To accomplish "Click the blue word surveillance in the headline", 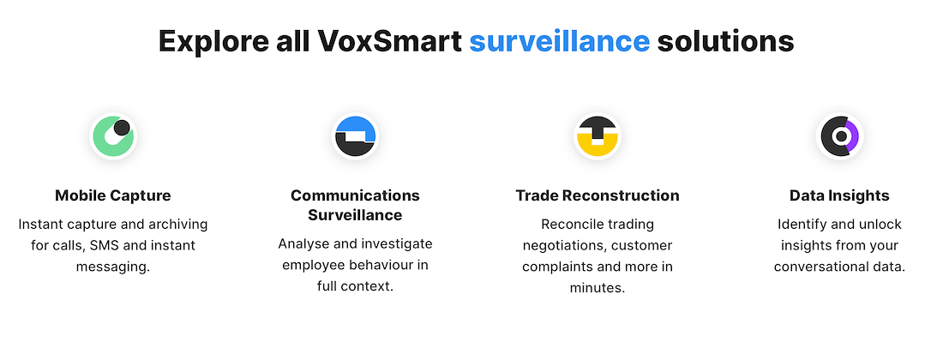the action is coord(559,41).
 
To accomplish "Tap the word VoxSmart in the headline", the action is coord(390,41).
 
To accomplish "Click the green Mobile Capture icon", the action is coord(113,136).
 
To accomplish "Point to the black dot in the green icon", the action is coord(122,128).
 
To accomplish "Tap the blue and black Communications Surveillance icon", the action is coord(356,136).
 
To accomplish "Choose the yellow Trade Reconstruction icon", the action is coord(598,136).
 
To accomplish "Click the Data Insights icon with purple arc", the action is coord(839,136).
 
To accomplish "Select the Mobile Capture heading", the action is coord(113,195).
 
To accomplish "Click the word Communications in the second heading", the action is coord(356,195).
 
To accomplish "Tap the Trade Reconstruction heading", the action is coord(598,195).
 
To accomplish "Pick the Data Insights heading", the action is coord(839,195).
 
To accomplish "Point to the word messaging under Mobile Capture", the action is coord(113,267).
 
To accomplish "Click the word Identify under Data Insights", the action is coord(801,225).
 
